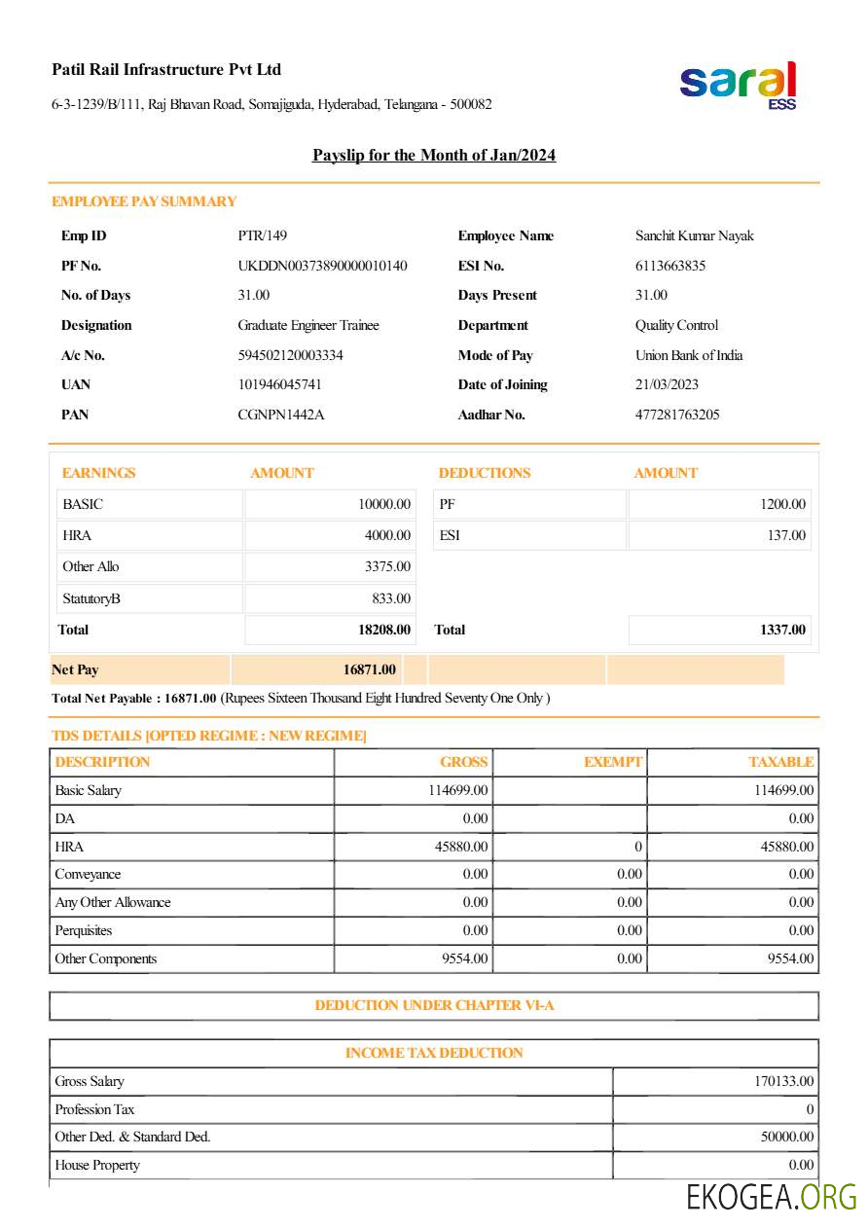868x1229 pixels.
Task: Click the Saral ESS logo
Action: pos(739,86)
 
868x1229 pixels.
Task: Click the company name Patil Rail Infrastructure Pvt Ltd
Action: pos(166,70)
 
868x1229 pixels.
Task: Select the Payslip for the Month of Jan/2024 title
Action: pos(434,156)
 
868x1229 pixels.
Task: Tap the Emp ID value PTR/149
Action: pos(262,235)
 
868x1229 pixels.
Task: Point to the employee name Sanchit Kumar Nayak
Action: pos(694,235)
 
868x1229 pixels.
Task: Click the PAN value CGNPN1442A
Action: pos(280,415)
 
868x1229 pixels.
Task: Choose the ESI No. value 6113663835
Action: pos(670,266)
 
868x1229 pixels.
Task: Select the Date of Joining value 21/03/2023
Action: pos(667,384)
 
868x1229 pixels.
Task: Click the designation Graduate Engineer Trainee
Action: pos(307,325)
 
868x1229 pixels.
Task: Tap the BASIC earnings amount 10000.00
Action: pos(384,504)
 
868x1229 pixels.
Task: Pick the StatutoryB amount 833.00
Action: pos(391,598)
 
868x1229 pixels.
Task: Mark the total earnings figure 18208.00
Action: pos(384,630)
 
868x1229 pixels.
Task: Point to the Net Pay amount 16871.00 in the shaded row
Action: pos(369,669)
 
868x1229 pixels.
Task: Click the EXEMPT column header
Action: pos(613,762)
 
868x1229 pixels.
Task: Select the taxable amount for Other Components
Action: pos(790,958)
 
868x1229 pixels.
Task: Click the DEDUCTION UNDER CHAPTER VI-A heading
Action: pos(434,1005)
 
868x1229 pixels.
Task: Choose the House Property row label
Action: pos(97,1165)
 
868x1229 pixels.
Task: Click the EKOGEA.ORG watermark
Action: pos(772,1197)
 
